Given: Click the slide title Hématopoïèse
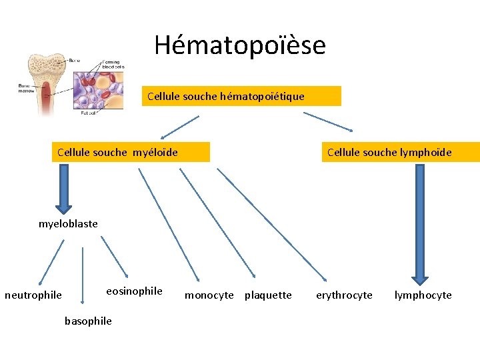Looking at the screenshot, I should coord(240,45).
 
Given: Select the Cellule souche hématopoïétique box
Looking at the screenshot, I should coord(241,96).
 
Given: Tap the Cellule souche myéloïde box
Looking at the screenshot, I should coord(131,152).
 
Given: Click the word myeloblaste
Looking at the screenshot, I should coord(68,224).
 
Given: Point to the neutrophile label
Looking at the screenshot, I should coord(33,295).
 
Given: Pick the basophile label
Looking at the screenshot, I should coord(88,321).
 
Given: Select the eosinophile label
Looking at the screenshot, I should coord(134,291).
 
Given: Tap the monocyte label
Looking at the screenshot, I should coord(209,295).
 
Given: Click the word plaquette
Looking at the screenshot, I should coord(268,295).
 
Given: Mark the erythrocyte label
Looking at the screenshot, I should coord(344,295).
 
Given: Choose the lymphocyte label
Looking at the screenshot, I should coord(423,295).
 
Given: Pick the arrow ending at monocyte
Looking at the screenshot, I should coord(168,224).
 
